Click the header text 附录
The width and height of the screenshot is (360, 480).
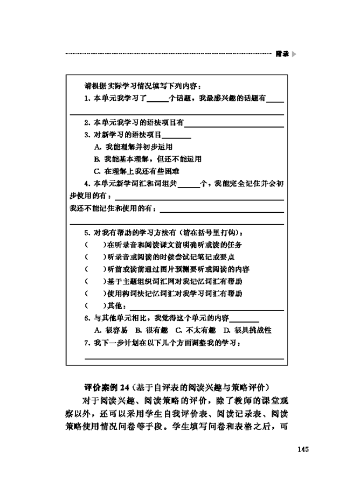click(x=282, y=54)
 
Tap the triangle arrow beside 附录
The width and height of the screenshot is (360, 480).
click(x=294, y=54)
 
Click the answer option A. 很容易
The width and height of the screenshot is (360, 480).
click(x=111, y=330)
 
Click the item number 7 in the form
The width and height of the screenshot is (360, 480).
click(x=87, y=343)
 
